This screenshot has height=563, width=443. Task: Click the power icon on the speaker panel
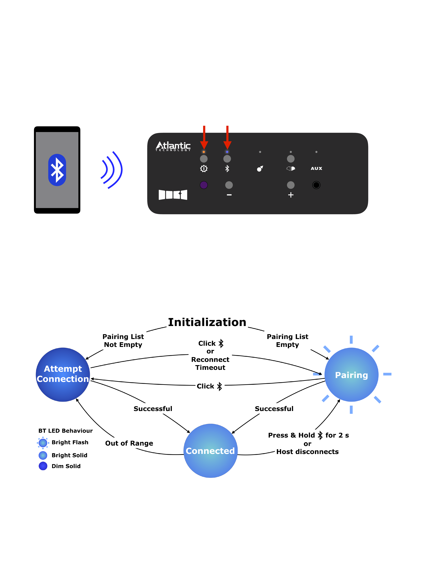(x=204, y=169)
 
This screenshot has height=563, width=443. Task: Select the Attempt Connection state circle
(x=63, y=375)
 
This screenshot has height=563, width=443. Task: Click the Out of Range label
(x=129, y=443)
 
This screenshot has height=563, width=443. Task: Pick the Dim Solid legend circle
(x=43, y=466)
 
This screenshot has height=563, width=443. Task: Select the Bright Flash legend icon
(x=43, y=443)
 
